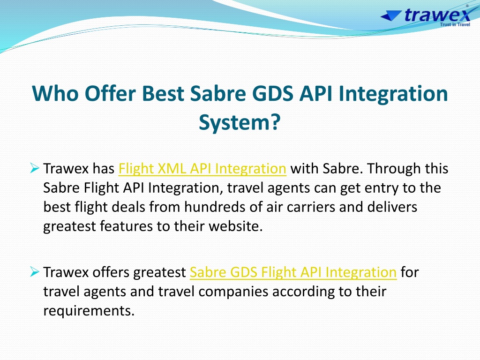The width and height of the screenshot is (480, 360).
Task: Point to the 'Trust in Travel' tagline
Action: (455, 24)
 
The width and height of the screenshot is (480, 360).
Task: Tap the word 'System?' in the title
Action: (240, 122)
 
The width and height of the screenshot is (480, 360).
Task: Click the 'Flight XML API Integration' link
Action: (202, 169)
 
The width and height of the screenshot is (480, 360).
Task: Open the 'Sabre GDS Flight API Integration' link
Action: (293, 272)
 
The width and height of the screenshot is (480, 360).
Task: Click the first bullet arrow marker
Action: (35, 168)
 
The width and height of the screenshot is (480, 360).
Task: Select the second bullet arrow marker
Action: (35, 271)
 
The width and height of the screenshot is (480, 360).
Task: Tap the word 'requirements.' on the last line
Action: (89, 311)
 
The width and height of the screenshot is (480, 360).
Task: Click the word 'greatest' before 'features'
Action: (70, 227)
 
